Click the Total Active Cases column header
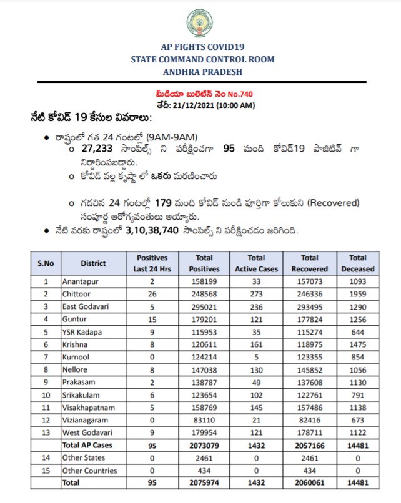click(256, 263)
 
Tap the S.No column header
click(45, 263)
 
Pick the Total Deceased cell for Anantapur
click(358, 282)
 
